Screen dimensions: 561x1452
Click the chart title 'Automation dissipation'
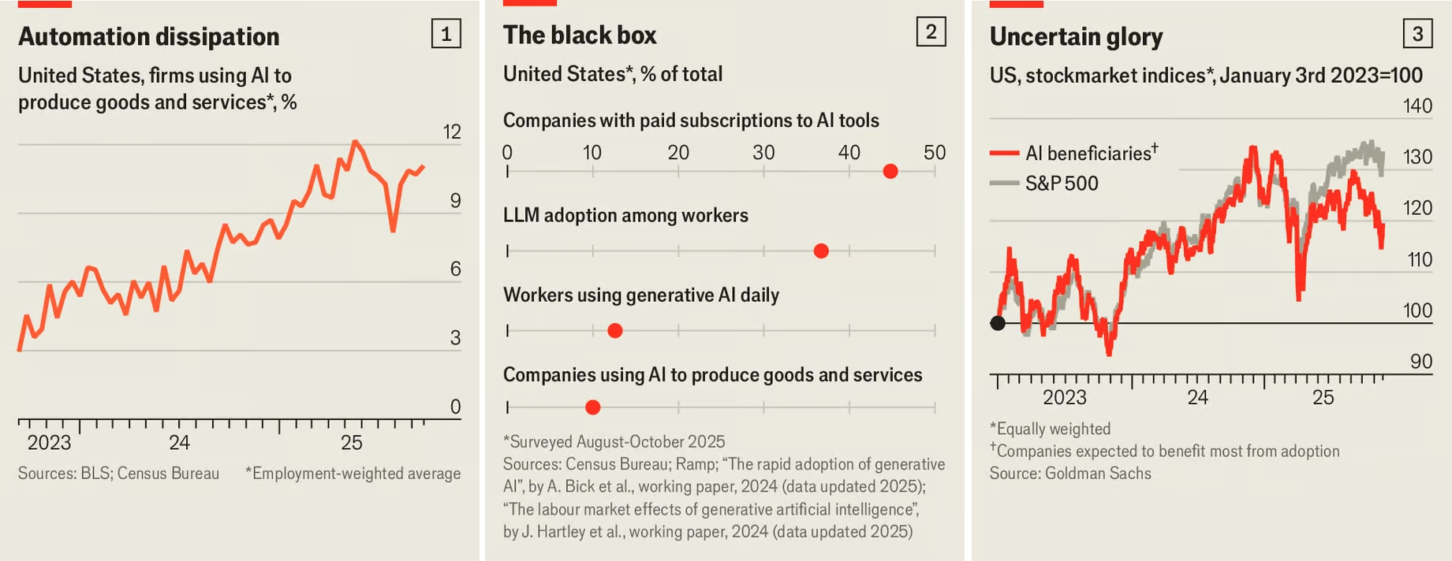[148, 37]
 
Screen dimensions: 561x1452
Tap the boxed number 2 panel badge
[931, 32]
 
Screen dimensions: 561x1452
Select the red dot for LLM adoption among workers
[821, 251]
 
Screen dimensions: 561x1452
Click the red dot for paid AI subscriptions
[890, 172]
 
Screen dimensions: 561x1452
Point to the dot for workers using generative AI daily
[615, 331]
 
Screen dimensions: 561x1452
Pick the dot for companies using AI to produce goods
[593, 407]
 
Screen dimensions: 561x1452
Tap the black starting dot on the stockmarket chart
[998, 323]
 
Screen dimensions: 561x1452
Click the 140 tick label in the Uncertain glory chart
[1417, 106]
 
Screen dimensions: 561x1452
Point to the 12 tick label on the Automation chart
[452, 132]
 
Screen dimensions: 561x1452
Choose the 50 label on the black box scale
[935, 152]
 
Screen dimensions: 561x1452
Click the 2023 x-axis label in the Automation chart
[49, 443]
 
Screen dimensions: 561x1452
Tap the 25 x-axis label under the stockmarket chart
[1323, 398]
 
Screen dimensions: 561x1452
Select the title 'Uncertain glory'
[1076, 37]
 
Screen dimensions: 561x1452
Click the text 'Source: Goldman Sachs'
[1070, 474]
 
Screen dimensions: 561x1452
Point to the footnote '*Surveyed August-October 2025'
[614, 442]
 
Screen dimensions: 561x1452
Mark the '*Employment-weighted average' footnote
[353, 474]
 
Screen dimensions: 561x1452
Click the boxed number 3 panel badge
[1417, 34]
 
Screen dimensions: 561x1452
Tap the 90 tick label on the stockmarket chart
[1420, 362]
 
